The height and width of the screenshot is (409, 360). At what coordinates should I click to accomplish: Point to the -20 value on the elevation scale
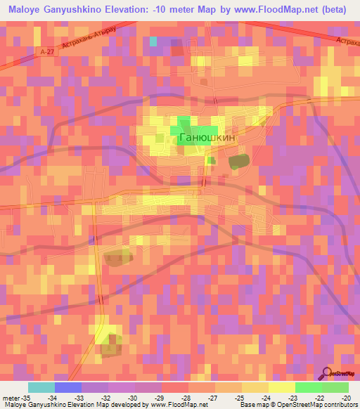(344, 398)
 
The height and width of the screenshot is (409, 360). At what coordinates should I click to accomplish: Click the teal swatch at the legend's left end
(41, 387)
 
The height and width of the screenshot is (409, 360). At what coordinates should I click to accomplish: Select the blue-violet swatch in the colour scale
(67, 387)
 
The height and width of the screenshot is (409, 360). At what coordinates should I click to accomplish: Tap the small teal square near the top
(153, 41)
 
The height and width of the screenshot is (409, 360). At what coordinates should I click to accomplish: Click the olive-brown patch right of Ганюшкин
(238, 162)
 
